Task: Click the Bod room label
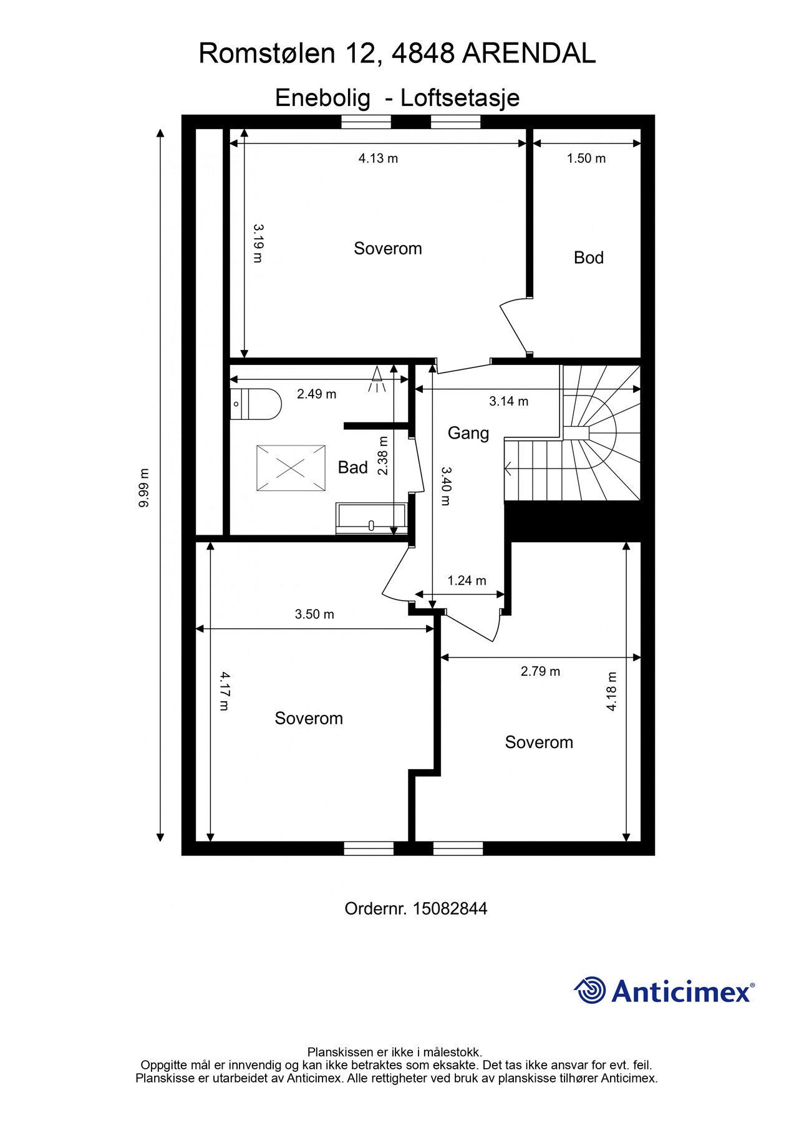tap(588, 258)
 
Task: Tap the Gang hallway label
tap(468, 433)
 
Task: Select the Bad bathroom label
tap(352, 467)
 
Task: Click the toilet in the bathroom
tap(256, 404)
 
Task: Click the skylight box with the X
tap(291, 468)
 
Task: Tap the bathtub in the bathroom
tap(371, 518)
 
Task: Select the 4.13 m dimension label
tap(378, 158)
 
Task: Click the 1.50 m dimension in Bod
tap(586, 158)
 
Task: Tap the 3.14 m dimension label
tap(508, 401)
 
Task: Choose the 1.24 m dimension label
tap(467, 581)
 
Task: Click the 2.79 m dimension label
tap(540, 671)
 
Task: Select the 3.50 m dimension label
tap(314, 615)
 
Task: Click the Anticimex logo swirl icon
tap(590, 990)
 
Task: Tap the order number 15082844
tap(450, 908)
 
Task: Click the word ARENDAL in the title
tap(529, 54)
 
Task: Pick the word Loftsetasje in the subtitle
tap(460, 98)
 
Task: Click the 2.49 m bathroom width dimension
tap(316, 394)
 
